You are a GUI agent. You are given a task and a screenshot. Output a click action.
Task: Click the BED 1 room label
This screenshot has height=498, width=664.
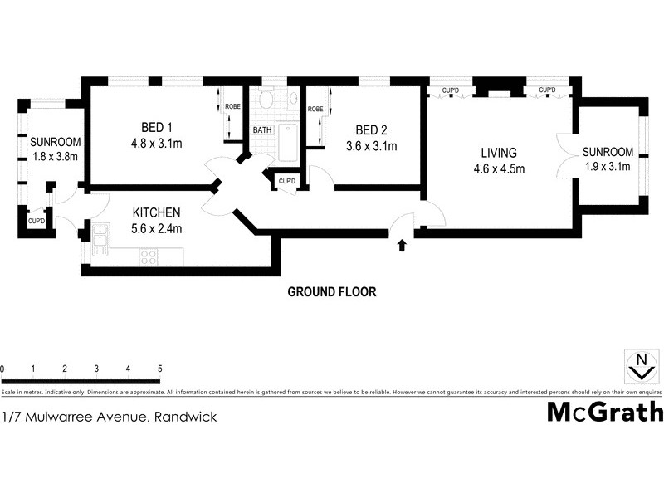click(x=156, y=128)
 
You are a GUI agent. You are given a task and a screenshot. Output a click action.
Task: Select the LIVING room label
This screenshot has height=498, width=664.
click(x=499, y=153)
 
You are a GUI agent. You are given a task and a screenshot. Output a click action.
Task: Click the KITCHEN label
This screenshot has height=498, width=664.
click(x=156, y=212)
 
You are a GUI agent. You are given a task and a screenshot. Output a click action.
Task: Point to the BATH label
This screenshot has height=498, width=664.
click(x=262, y=130)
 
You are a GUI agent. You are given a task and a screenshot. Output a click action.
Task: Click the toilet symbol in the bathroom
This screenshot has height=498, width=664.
click(x=265, y=99)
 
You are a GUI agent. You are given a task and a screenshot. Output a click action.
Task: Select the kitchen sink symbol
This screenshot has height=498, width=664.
click(x=100, y=237)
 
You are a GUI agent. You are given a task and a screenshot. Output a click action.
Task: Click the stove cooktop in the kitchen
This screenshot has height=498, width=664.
click(x=149, y=256)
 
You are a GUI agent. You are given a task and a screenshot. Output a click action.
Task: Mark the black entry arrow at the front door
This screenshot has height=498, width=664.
click(x=402, y=245)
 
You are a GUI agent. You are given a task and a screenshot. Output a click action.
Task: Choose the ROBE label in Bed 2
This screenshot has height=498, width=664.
click(x=315, y=109)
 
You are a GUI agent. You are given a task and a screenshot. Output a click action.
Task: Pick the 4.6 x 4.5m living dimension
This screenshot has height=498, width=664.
click(x=499, y=170)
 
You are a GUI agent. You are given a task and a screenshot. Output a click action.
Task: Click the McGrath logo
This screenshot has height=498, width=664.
click(x=604, y=412)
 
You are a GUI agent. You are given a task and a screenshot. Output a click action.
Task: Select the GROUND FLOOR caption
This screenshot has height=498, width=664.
click(x=332, y=291)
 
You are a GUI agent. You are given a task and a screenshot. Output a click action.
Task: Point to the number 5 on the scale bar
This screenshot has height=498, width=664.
click(x=159, y=369)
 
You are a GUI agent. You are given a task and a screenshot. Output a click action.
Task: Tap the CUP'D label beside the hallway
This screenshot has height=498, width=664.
click(x=287, y=181)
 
